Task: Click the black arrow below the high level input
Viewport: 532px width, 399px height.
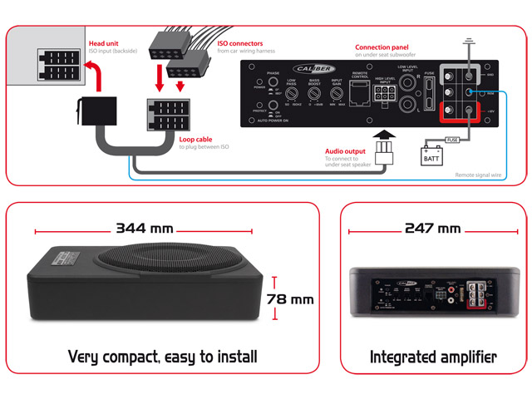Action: click(383, 134)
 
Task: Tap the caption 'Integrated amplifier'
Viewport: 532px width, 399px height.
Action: click(432, 357)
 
